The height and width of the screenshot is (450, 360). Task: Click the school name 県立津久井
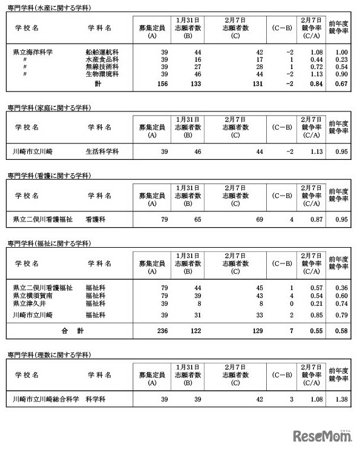pyautogui.click(x=30, y=302)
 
